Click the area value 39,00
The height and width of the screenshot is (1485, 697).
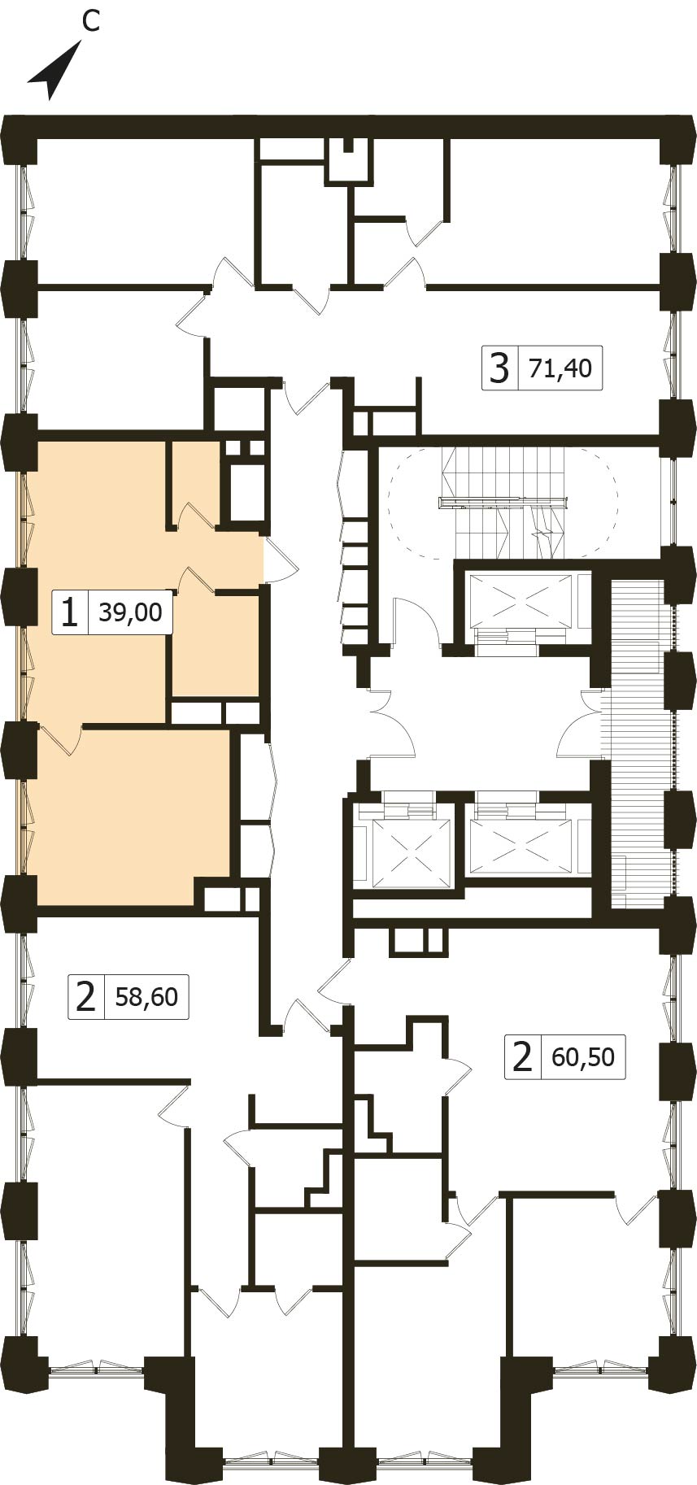[130, 612]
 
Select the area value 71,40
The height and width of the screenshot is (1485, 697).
[560, 368]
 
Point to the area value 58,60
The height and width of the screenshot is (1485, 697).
[146, 996]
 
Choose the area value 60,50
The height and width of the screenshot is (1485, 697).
[583, 1057]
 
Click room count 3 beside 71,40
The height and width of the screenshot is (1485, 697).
[499, 368]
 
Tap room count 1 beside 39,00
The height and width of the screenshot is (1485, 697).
[70, 612]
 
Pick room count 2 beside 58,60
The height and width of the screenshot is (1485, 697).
[85, 996]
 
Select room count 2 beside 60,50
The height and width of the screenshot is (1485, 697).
[521, 1057]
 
